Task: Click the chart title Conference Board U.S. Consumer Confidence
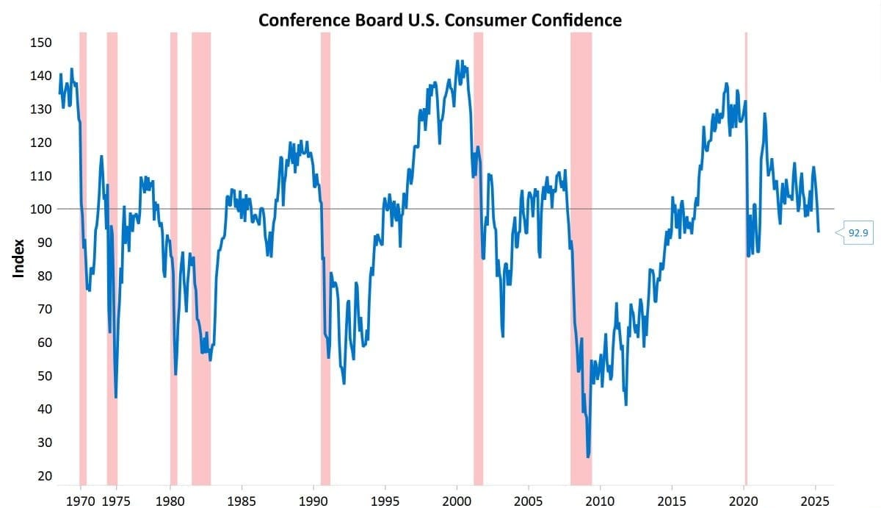[x=440, y=20]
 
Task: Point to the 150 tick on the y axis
[x=41, y=43]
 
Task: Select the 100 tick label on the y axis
[x=41, y=210]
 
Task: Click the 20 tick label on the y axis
[x=44, y=476]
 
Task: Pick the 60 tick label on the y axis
[x=44, y=343]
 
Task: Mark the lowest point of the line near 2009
[x=588, y=457]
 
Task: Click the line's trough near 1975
[x=116, y=398]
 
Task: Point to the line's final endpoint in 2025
[x=819, y=232]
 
